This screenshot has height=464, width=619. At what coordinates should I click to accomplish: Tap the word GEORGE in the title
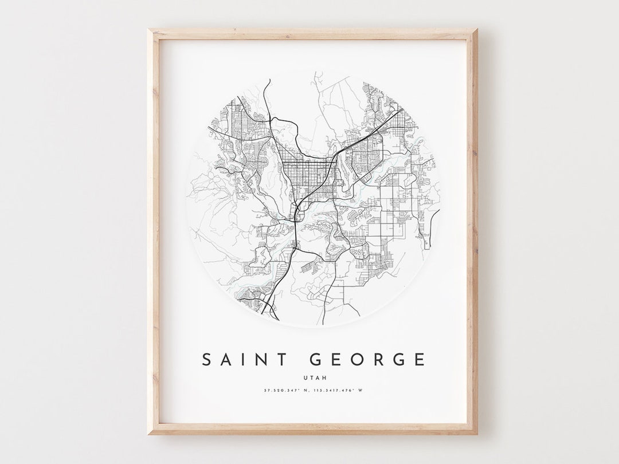[367, 360]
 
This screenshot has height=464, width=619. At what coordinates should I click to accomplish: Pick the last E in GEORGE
[420, 360]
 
